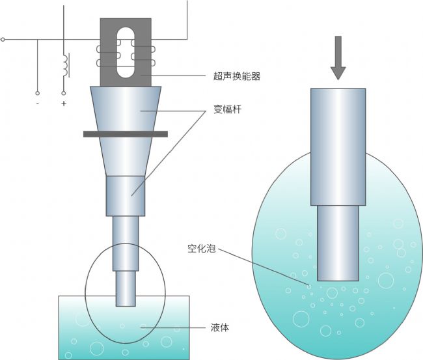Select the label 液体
point(219,327)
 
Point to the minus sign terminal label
point(37,104)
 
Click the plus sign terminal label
point(64,104)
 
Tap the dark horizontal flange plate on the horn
point(126,134)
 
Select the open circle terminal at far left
point(3,40)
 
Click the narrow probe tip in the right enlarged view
point(338,242)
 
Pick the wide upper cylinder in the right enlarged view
point(338,146)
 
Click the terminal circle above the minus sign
point(37,93)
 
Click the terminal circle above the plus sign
point(64,93)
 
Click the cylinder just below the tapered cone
point(126,195)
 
